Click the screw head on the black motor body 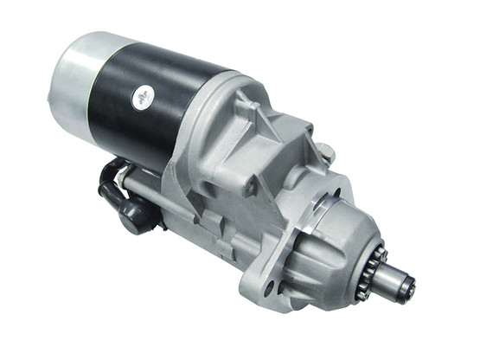point(141,98)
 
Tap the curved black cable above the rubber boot point(112,170)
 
